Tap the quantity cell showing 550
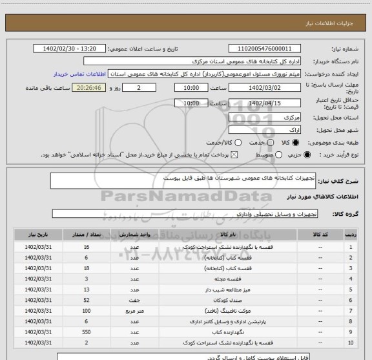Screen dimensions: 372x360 click(87, 330)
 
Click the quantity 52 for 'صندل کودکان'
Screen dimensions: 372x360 click(87, 299)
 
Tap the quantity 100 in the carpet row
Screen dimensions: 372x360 click(87, 310)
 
